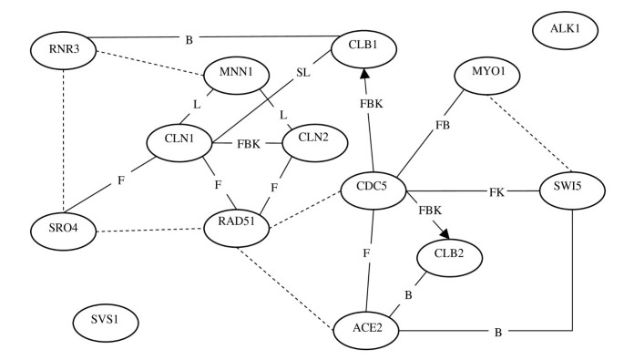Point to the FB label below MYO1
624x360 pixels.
443,125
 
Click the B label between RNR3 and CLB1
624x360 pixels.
188,39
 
